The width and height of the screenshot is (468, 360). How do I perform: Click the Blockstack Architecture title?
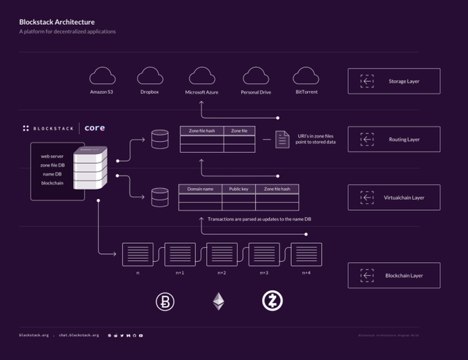click(56, 22)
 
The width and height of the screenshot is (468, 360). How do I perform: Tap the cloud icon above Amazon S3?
click(102, 75)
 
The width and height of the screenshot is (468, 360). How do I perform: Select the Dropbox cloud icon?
click(150, 75)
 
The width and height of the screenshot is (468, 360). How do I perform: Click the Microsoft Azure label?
click(202, 93)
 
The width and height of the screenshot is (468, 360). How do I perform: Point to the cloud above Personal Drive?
click(256, 75)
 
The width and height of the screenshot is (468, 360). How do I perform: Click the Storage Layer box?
click(393, 81)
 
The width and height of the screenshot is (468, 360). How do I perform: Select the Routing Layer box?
click(393, 139)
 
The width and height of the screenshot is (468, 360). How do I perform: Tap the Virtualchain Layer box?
click(393, 198)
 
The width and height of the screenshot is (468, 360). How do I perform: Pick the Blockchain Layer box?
click(393, 275)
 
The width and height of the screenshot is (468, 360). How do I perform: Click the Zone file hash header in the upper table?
click(202, 130)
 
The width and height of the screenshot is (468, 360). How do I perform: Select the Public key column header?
click(238, 189)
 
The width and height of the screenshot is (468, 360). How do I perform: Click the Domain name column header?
click(200, 189)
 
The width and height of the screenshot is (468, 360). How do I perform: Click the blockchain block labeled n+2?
click(221, 254)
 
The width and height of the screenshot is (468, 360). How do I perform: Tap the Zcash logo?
click(271, 301)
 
